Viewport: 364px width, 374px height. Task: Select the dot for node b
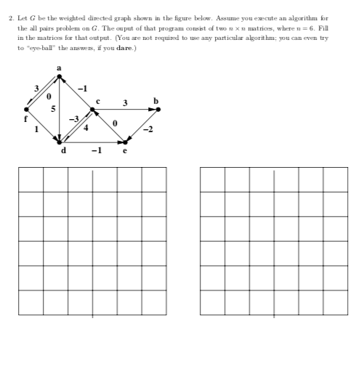(x=158, y=109)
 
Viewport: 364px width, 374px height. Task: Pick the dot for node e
(x=125, y=142)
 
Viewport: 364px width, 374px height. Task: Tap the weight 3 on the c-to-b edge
(x=125, y=102)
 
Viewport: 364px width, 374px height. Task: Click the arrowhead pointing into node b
(x=153, y=109)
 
